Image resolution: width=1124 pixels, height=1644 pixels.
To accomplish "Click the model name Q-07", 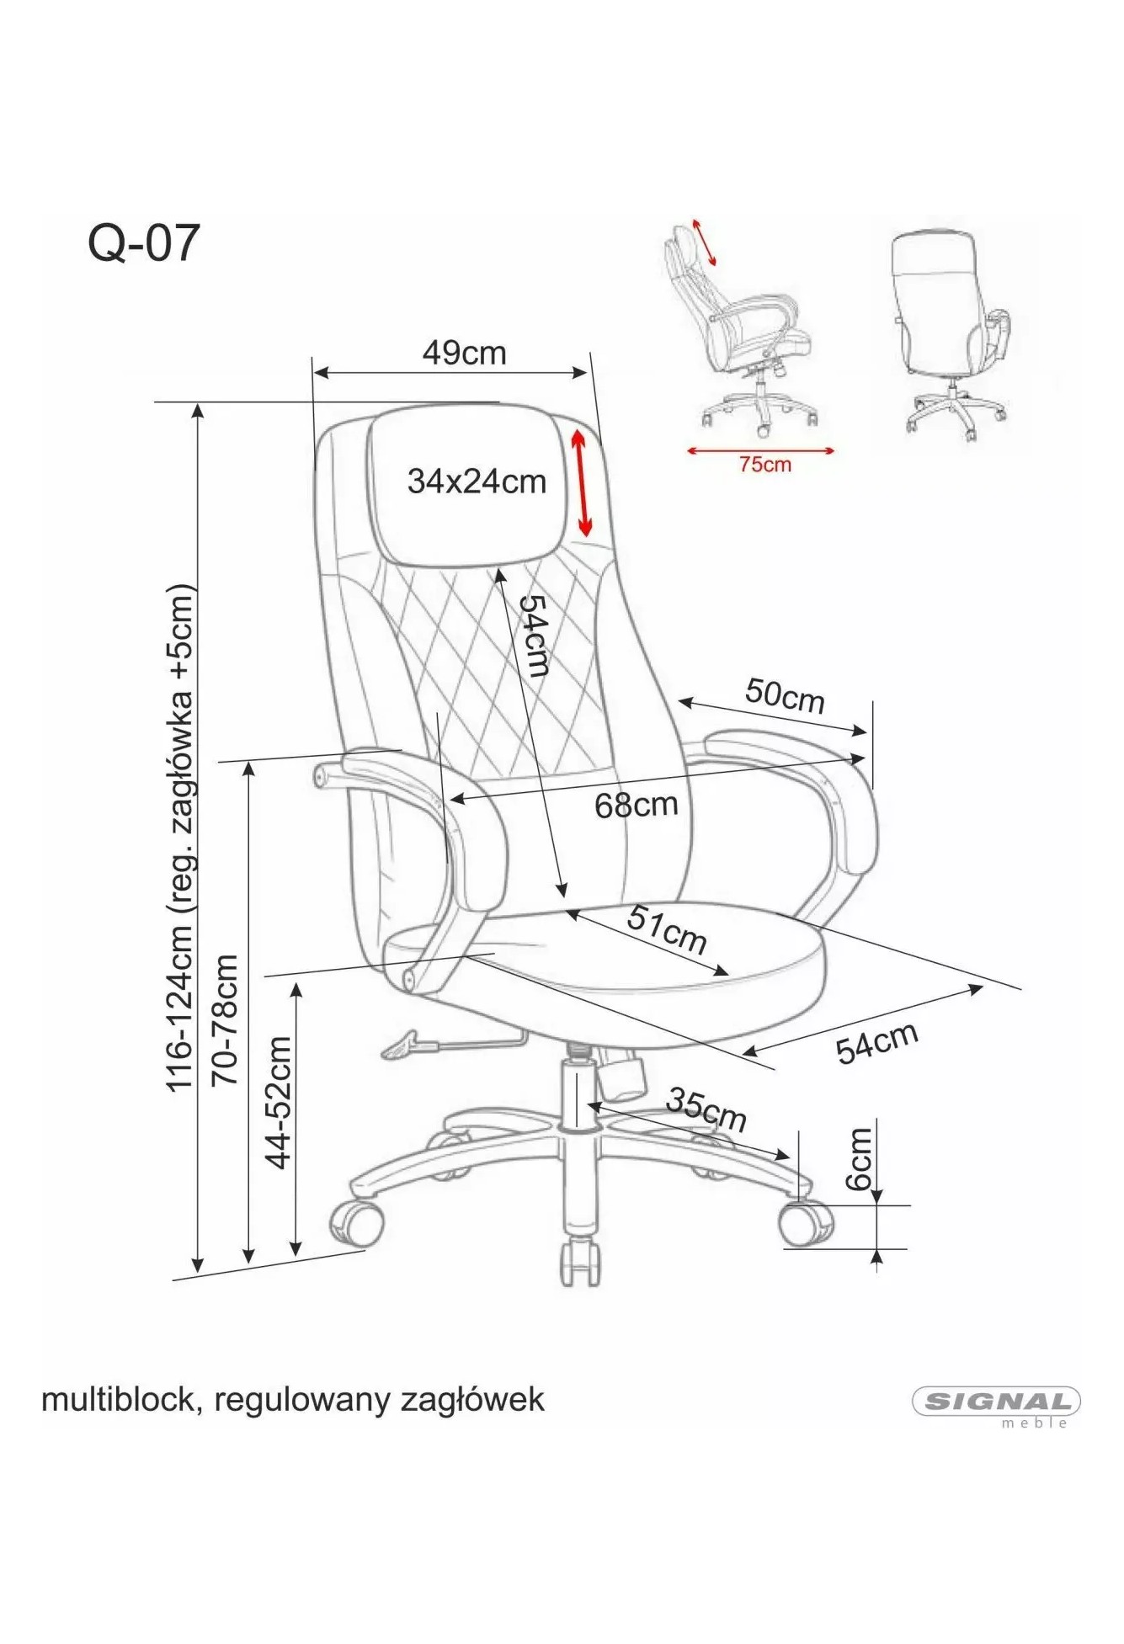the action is click(x=144, y=243).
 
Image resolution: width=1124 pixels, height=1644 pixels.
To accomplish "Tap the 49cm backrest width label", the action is click(x=464, y=353).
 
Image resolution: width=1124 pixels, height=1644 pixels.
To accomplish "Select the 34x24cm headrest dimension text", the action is click(x=477, y=481).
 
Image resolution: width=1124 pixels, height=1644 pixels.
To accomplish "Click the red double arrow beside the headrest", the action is click(x=582, y=482).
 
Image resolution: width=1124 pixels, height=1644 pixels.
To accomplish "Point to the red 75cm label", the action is click(x=765, y=464).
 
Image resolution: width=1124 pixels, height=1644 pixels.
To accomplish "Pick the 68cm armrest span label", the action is click(x=637, y=805).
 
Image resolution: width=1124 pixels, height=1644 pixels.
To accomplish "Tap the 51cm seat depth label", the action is click(x=666, y=929).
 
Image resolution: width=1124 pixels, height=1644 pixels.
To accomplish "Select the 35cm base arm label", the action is click(x=706, y=1108).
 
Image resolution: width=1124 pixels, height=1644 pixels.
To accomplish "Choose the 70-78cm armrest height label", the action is click(x=225, y=1020).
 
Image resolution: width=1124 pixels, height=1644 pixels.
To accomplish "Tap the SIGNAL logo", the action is click(x=996, y=1402).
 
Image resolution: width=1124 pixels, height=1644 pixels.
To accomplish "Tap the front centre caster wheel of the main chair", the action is click(x=581, y=1262).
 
